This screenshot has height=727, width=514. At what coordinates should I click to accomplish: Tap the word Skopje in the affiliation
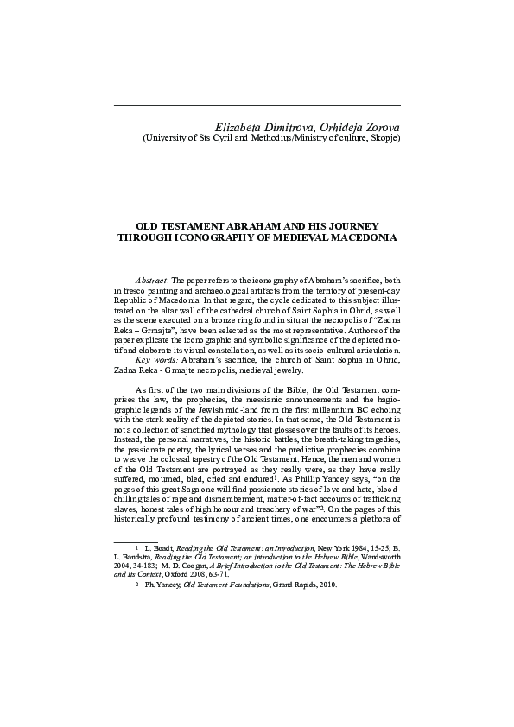pos(381,136)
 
